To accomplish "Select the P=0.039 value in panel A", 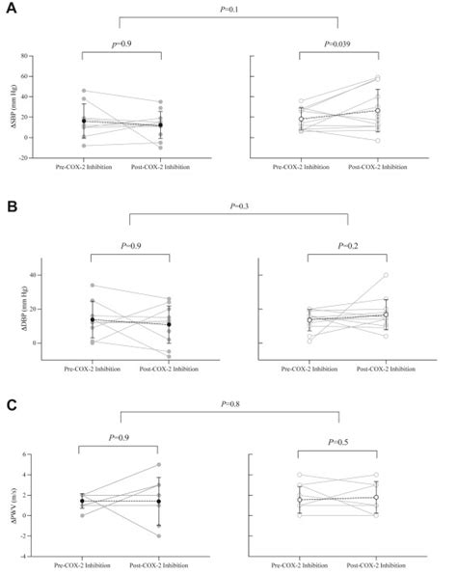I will (x=341, y=44).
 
